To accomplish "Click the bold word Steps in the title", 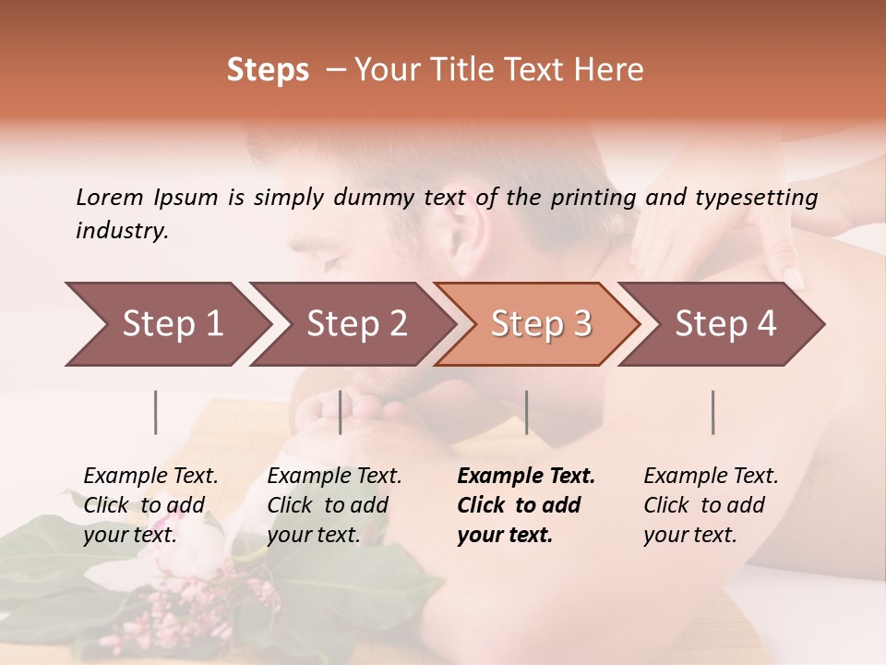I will [268, 70].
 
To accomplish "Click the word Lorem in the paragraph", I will [109, 197].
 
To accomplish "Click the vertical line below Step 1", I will [155, 412].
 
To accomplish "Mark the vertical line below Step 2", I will [340, 412].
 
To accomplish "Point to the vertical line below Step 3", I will [526, 412].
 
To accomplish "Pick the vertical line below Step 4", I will [712, 412].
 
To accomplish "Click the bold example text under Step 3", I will [524, 505].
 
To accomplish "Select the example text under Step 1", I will [150, 505].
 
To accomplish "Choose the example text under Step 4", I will [709, 505].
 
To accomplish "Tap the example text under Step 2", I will [332, 505].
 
